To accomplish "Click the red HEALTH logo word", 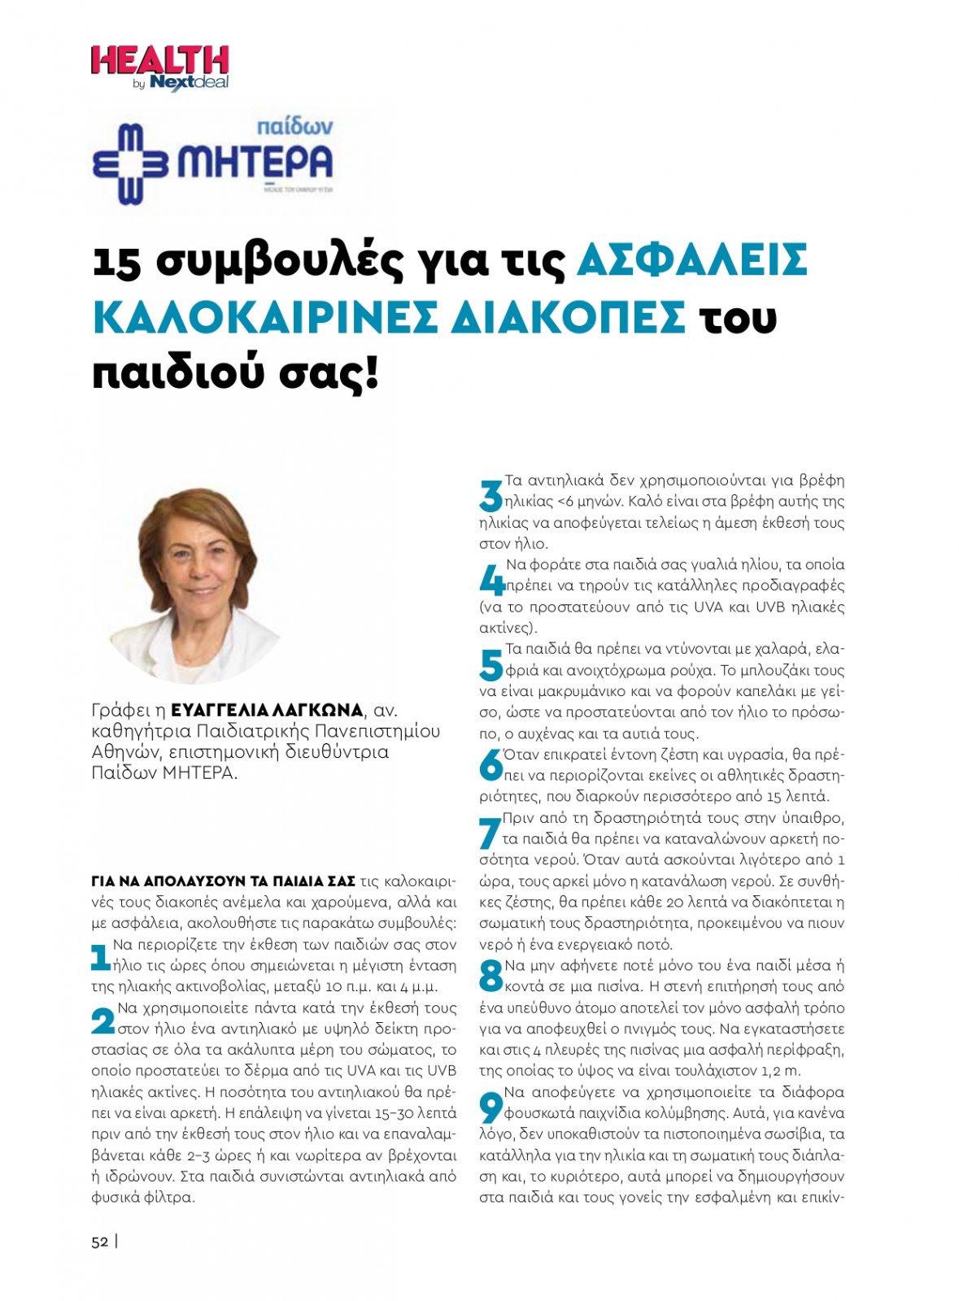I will point(159,62).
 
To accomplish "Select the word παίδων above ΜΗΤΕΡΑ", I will point(294,127).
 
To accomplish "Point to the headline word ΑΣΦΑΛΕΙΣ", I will point(691,260).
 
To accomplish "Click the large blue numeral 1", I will point(100,957).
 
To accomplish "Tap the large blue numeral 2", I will point(102,1021).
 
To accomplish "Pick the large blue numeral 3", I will point(490,496).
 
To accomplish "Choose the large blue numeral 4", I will point(491,581).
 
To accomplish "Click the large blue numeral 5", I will point(490,665).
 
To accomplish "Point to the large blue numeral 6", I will point(490,764).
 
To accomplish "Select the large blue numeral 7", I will point(489,833).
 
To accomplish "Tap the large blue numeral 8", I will point(490,976).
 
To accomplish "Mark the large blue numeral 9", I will point(490,1107).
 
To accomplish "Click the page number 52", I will point(100,1242).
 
